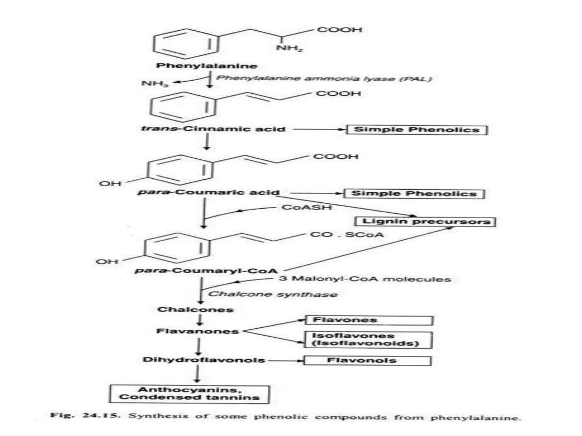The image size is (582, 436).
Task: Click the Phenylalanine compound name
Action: (207, 66)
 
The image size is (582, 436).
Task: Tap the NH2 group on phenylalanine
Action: (289, 48)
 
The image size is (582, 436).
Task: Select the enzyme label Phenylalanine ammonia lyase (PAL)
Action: (324, 78)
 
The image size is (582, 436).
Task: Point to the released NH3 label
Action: (155, 83)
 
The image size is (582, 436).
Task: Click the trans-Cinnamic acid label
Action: (213, 129)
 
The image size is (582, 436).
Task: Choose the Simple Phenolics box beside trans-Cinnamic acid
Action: (417, 130)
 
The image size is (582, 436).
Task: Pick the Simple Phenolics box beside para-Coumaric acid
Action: (414, 194)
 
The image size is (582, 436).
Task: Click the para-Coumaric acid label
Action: (209, 192)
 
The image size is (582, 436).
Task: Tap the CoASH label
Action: (307, 207)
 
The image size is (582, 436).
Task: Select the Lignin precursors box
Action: (425, 222)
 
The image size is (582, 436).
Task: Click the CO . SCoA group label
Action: (347, 235)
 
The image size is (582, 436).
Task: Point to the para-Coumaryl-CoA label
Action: (206, 271)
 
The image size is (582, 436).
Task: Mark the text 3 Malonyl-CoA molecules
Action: (365, 279)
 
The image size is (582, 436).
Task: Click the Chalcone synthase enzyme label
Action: (273, 294)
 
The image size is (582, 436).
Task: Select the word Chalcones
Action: (196, 309)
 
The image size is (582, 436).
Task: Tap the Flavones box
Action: (369, 320)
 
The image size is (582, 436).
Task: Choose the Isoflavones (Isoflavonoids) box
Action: (368, 340)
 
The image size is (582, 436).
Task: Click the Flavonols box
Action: (367, 361)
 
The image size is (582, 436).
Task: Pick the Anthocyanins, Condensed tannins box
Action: (189, 394)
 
